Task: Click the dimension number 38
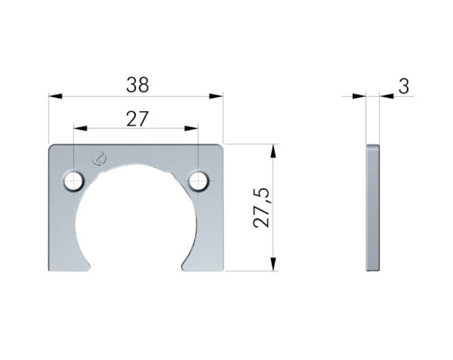[137, 85]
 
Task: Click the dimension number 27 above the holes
[137, 119]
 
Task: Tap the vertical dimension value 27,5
[262, 208]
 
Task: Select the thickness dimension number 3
[404, 87]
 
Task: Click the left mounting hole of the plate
[73, 181]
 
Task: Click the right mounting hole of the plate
[198, 181]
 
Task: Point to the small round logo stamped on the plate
[99, 158]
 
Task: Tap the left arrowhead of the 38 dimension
[55, 96]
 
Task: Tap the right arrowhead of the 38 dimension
[216, 96]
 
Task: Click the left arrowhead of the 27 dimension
[80, 128]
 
